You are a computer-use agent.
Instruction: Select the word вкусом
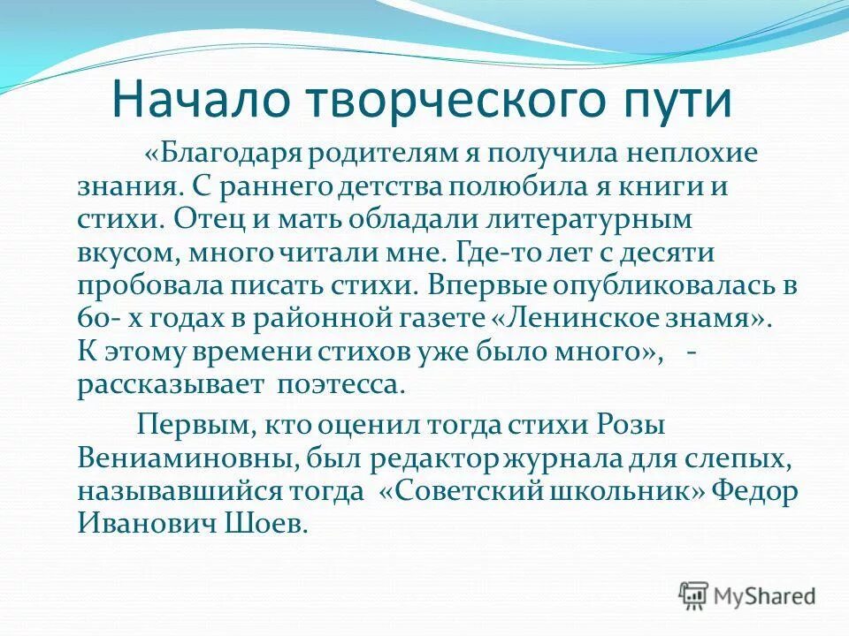tap(130, 254)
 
